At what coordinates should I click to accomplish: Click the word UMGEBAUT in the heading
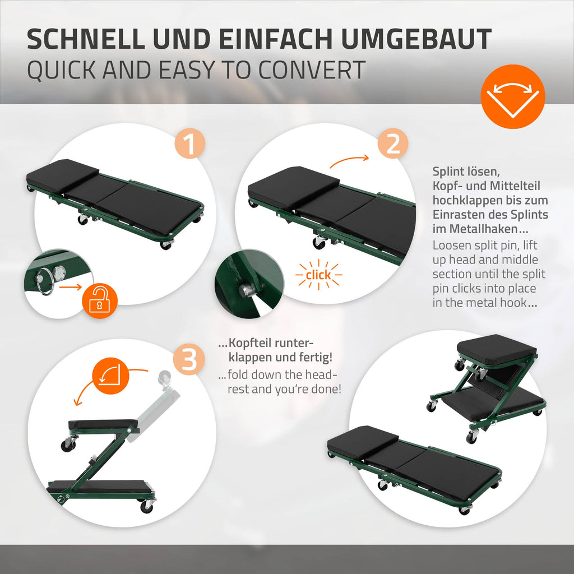[416, 39]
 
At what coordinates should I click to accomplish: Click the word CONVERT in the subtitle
[312, 70]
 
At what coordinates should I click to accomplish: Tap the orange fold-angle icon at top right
[512, 96]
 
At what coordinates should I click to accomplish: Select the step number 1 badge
[189, 143]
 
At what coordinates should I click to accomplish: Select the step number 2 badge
[393, 143]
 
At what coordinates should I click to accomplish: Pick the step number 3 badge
[189, 359]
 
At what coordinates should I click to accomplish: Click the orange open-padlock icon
[99, 301]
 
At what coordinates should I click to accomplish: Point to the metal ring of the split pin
[46, 281]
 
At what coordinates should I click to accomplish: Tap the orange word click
[318, 275]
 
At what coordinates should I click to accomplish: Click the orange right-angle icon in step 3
[111, 376]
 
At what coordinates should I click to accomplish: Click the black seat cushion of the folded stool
[497, 349]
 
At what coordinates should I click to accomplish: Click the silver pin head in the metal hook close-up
[246, 290]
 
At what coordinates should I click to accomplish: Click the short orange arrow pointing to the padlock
[70, 286]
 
